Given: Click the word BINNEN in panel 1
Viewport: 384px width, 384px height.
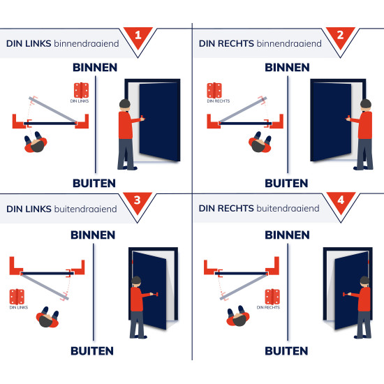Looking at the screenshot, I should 94,68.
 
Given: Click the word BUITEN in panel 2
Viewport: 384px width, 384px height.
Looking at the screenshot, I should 286,184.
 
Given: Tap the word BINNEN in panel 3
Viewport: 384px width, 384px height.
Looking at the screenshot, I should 93,235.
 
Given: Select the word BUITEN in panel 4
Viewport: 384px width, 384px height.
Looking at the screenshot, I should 286,350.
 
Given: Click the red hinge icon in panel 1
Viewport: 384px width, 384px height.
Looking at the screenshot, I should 82,91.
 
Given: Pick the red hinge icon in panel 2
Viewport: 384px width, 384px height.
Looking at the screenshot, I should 214,90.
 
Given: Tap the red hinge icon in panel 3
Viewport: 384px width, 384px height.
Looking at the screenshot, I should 17,296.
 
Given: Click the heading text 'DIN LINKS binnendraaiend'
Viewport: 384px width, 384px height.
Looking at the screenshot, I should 62,43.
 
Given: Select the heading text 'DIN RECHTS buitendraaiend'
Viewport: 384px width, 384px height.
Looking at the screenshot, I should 259,208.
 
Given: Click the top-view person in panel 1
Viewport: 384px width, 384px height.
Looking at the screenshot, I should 36,143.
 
